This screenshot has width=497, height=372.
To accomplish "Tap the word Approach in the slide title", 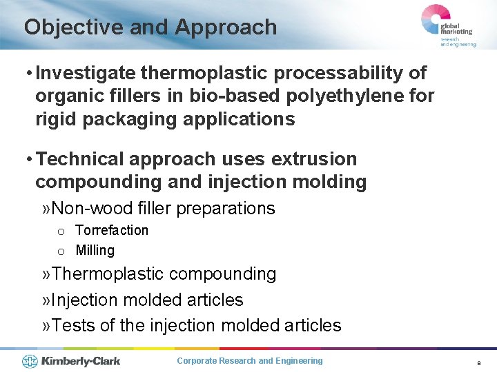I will pyautogui.click(x=226, y=28).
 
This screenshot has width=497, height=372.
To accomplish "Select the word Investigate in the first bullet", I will pyautogui.click(x=86, y=73).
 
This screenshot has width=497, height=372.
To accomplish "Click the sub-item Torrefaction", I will pyautogui.click(x=112, y=230).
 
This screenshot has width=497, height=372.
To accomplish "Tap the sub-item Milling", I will pyautogui.click(x=95, y=250).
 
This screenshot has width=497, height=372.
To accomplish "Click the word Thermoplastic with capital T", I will pyautogui.click(x=108, y=273).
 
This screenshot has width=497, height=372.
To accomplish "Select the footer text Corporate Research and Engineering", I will pyautogui.click(x=249, y=361).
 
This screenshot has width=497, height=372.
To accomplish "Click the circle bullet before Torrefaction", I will pyautogui.click(x=61, y=231).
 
